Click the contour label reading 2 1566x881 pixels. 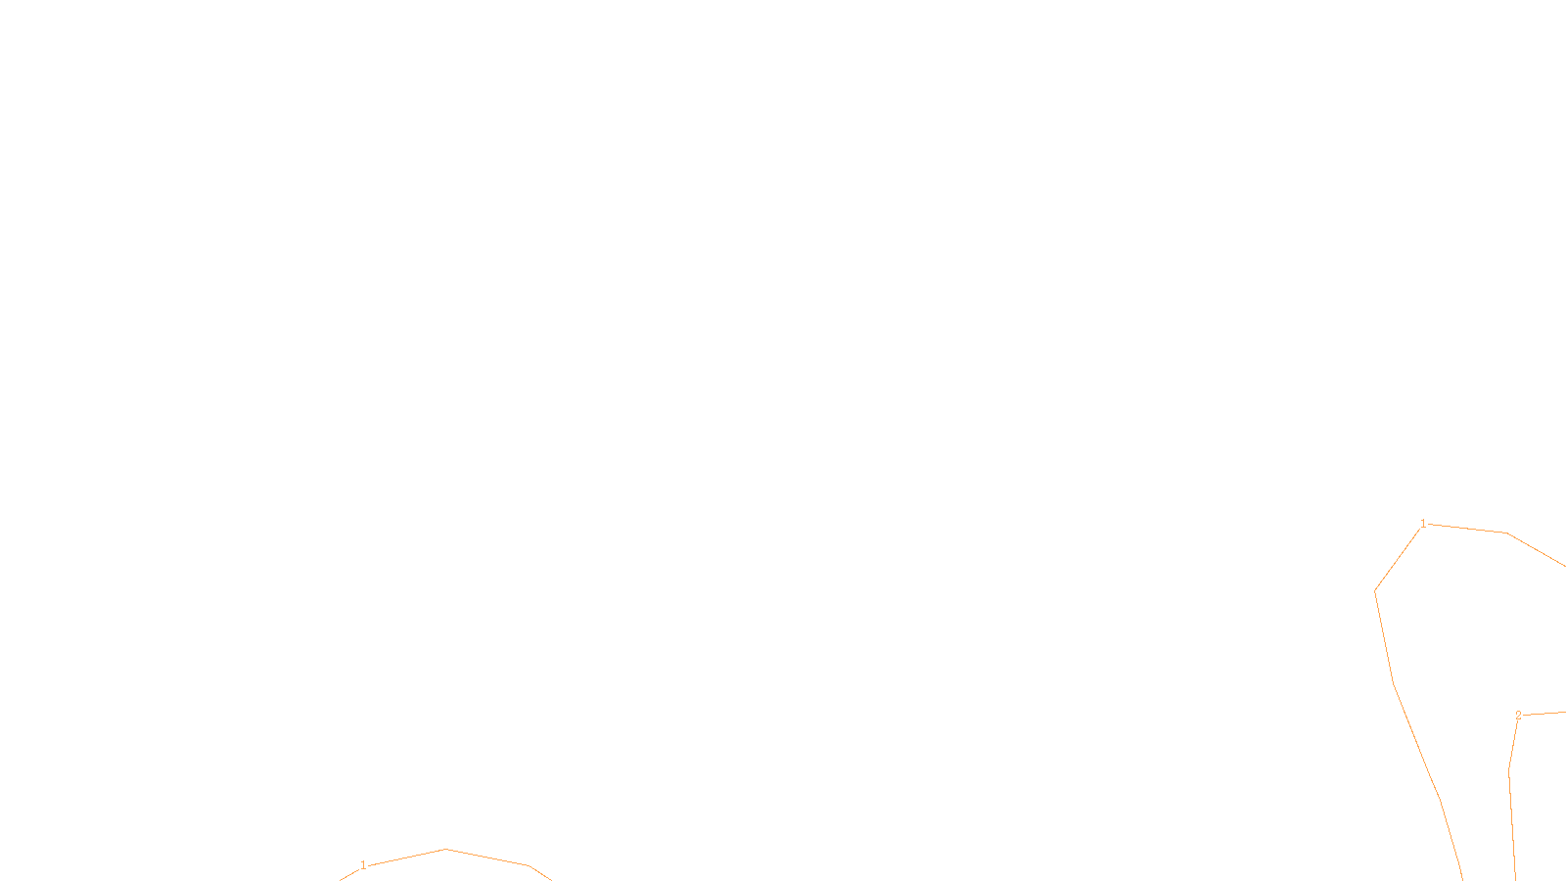click(1518, 716)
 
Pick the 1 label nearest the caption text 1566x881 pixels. click(363, 865)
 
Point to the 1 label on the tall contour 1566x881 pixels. click(1423, 524)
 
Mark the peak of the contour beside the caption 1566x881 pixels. click(445, 849)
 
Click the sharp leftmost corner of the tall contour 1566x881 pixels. click(1375, 591)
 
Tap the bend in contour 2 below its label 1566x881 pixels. click(1509, 770)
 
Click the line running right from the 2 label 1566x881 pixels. click(1544, 714)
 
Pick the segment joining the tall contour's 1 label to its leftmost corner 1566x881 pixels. click(1399, 558)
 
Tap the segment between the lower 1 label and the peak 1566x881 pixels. click(406, 857)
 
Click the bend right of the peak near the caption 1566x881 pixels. click(529, 865)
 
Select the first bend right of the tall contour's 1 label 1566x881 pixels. click(1506, 533)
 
